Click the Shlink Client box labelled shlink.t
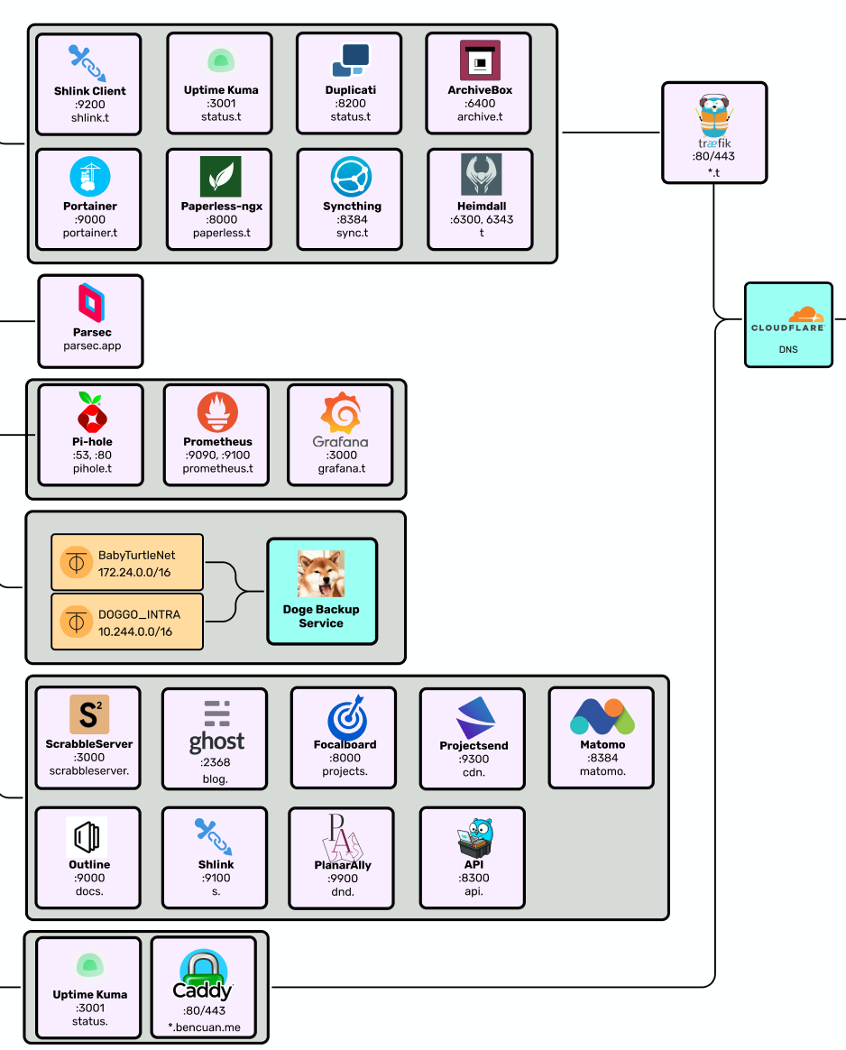(89, 85)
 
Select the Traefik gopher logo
(714, 115)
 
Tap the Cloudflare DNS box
(788, 325)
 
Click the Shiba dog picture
(321, 573)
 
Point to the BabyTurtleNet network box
(127, 563)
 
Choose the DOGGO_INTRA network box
(127, 622)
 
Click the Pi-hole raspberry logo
(92, 412)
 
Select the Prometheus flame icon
(217, 412)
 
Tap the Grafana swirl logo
(341, 413)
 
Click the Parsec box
(91, 321)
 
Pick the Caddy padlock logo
(204, 973)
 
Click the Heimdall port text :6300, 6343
(482, 219)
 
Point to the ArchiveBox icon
(480, 60)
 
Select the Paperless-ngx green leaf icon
(221, 177)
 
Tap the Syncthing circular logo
(352, 177)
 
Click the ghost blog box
(215, 739)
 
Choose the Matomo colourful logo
(602, 716)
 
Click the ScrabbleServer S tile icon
(89, 714)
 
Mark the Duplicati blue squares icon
(351, 60)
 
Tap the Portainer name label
(89, 207)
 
